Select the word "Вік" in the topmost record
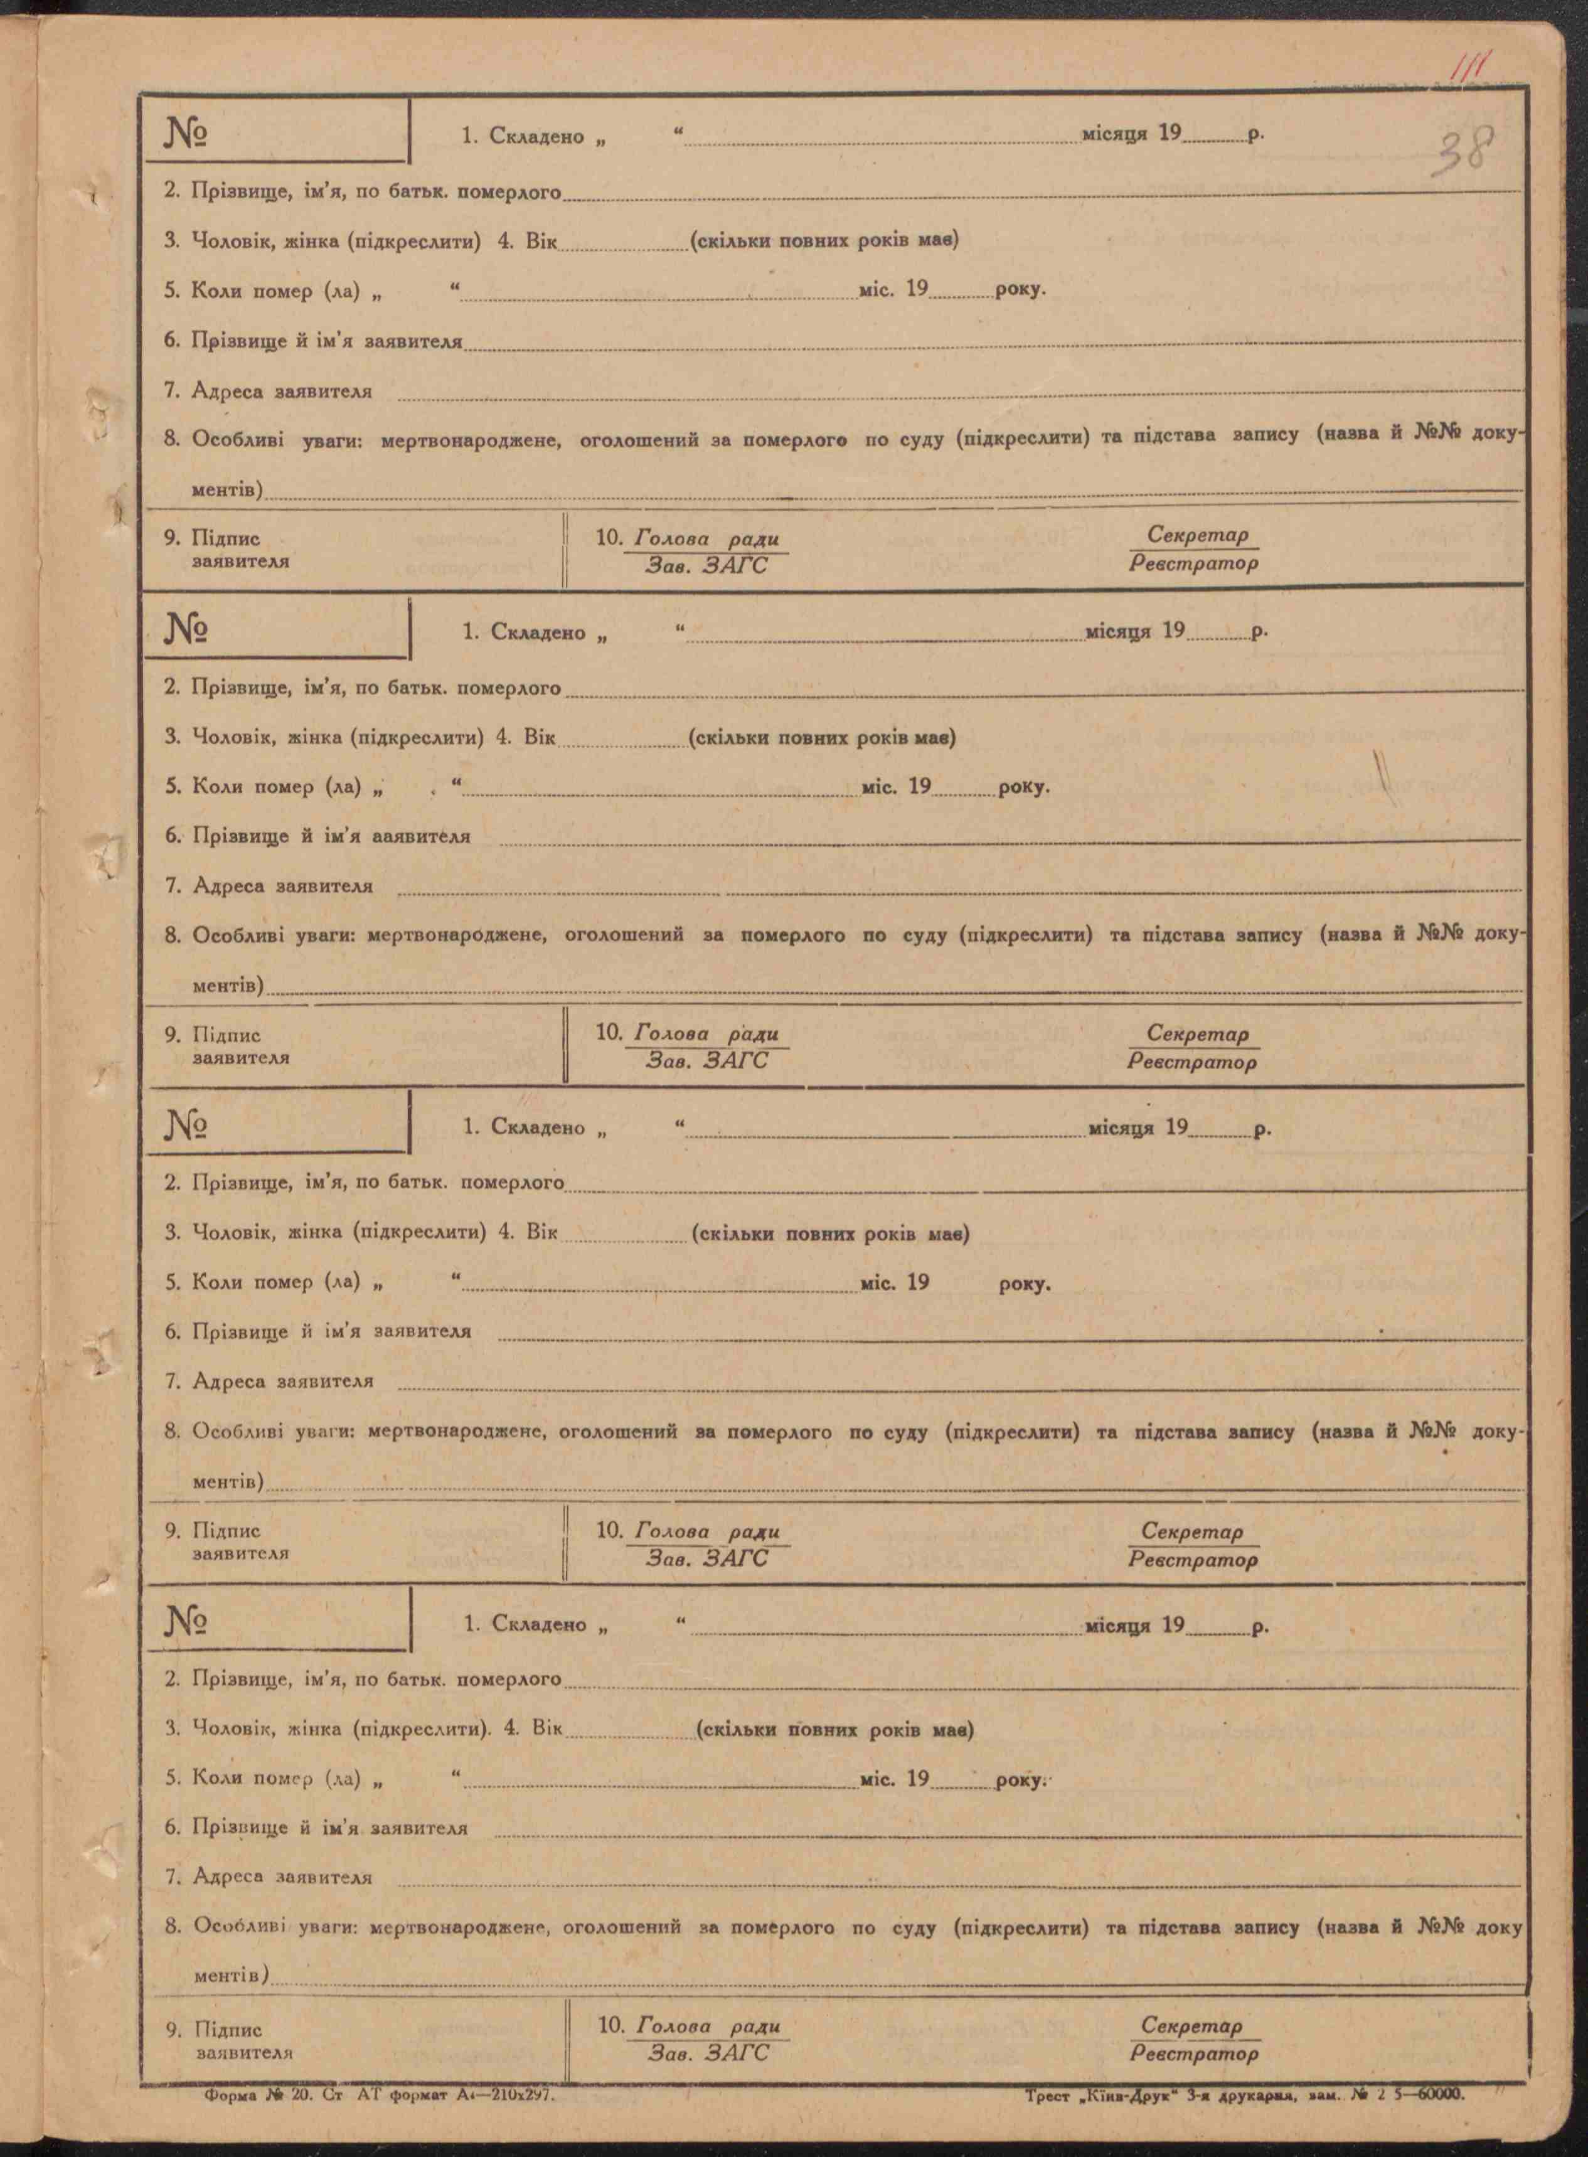(540, 240)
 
